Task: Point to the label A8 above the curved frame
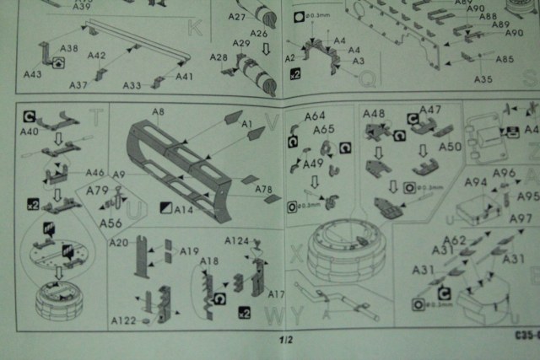coord(158,112)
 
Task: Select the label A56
coord(111,223)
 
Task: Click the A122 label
coord(124,320)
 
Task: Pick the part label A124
coord(237,241)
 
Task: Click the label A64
coord(315,116)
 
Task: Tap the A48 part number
coord(374,114)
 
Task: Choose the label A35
coord(483,79)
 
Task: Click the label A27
coord(237,17)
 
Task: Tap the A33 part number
coord(132,85)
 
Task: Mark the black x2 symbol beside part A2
coord(294,73)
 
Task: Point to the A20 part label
coord(119,243)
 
